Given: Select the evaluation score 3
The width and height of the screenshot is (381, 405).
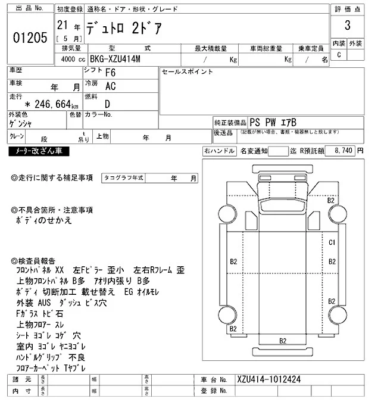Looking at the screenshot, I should click(x=347, y=27).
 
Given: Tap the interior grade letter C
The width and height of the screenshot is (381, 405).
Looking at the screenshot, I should click(x=339, y=55).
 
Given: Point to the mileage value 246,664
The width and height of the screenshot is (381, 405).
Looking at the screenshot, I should click(x=42, y=104).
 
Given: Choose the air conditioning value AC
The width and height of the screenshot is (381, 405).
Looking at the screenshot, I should click(x=110, y=87).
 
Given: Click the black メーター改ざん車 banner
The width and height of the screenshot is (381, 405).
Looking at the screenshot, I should click(x=39, y=152).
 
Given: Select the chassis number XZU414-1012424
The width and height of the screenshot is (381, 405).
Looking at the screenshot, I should click(x=267, y=379).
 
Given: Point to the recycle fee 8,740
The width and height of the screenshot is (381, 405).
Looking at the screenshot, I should click(x=345, y=151).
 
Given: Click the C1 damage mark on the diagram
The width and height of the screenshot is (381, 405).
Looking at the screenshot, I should click(x=333, y=242).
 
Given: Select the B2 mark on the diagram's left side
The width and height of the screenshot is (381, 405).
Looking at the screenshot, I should click(x=233, y=261).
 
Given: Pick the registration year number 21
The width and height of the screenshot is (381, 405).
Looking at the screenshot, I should click(x=62, y=25).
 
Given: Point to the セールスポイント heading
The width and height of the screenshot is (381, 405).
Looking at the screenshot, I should click(x=188, y=71).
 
